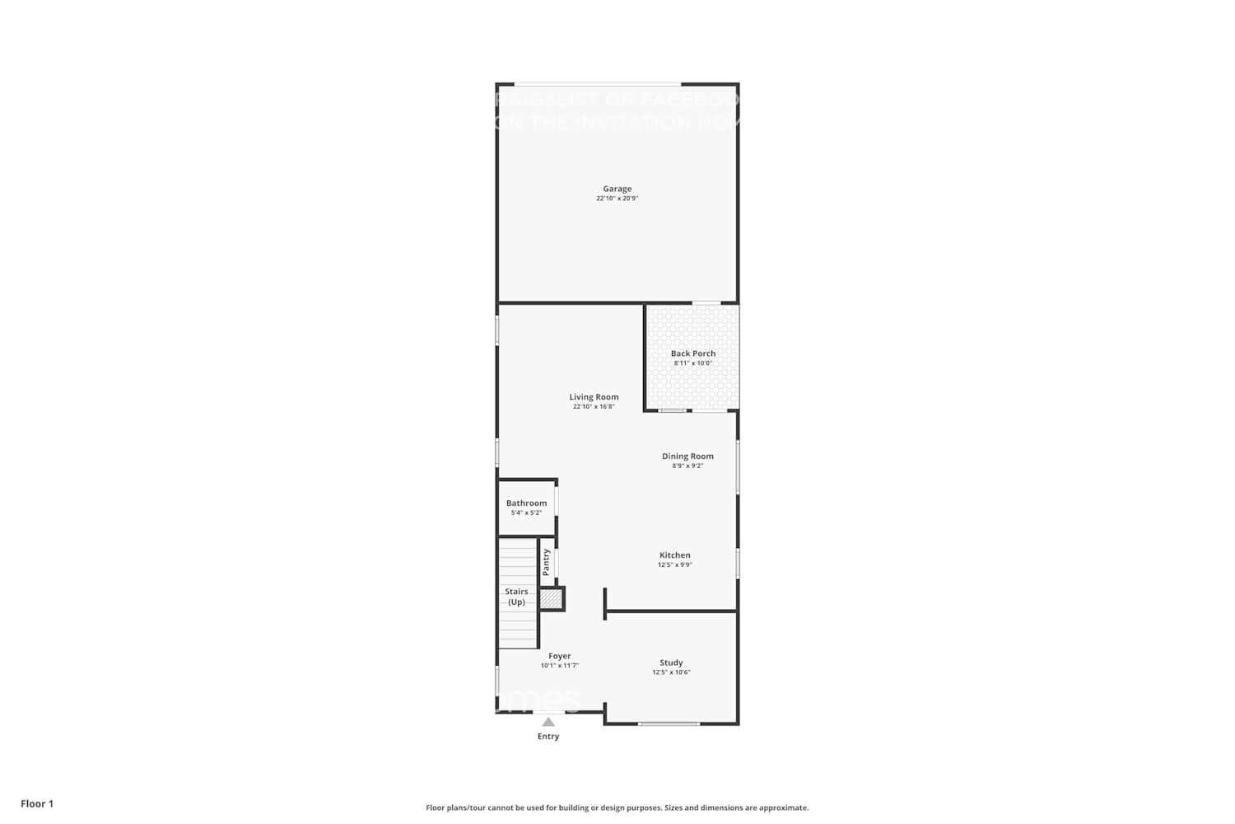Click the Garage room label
617,189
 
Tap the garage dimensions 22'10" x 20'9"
617,199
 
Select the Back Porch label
692,353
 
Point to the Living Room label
594,397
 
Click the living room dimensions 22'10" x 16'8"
594,407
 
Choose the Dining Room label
687,456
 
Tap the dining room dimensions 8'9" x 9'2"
687,466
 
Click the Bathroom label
526,503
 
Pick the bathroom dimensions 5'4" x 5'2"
526,513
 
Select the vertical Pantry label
546,562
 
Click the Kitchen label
674,555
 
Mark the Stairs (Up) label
516,597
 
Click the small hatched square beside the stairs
551,599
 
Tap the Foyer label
559,657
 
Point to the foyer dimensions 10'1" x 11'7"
559,666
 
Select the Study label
671,662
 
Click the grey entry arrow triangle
548,722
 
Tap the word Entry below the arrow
548,737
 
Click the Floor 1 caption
37,804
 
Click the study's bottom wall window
669,723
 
